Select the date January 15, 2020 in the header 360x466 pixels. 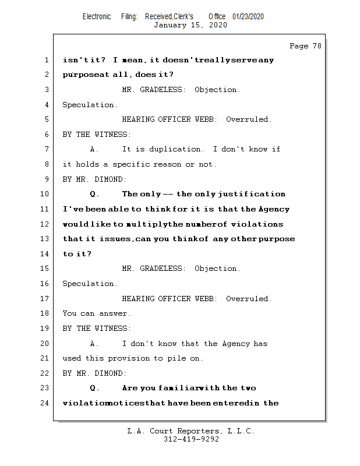(x=190, y=25)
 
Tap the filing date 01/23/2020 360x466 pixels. (x=248, y=16)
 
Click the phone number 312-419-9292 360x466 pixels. (x=191, y=439)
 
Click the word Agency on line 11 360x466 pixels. (x=274, y=209)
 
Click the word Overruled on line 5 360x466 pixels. (x=248, y=119)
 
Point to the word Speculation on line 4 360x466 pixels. (x=90, y=105)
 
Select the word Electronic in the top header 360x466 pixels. (x=97, y=16)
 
